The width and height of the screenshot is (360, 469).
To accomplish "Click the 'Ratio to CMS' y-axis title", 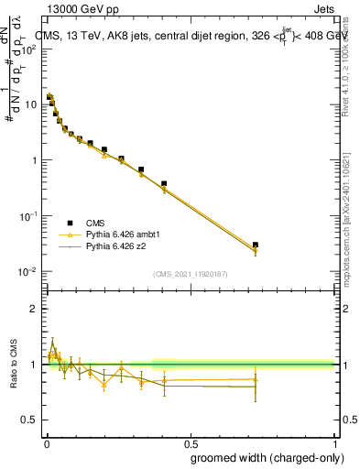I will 12,364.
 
